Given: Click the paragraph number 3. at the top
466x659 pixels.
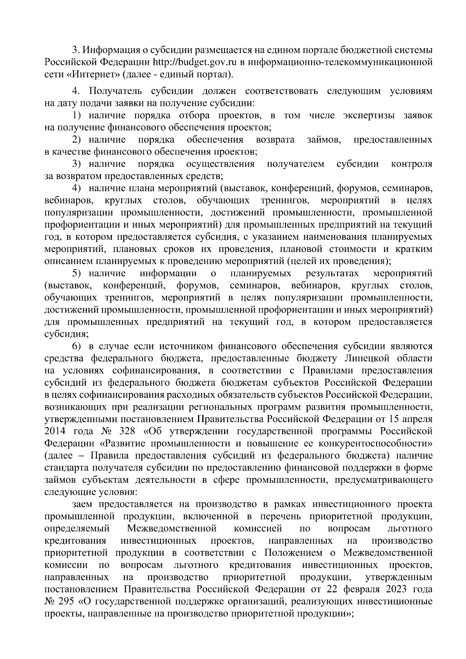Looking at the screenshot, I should pos(76,50).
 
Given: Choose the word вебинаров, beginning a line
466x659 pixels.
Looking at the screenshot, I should pos(69,201).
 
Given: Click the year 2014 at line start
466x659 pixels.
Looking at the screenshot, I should pos(57,431).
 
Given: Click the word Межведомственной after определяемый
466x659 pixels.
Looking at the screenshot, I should pos(171,529).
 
